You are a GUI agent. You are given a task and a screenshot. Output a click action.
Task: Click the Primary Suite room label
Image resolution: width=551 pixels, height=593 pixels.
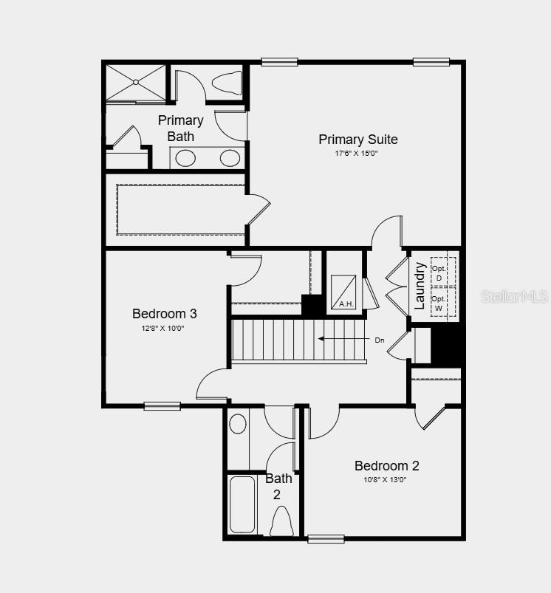(x=357, y=139)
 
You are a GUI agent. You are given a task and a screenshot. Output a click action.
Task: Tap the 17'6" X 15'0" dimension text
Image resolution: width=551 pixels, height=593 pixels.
(x=357, y=154)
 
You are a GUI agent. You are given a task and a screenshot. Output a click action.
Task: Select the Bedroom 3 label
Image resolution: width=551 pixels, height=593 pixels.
(x=165, y=313)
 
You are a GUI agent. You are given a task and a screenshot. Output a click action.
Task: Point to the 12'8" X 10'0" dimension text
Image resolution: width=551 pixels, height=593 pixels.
(x=165, y=328)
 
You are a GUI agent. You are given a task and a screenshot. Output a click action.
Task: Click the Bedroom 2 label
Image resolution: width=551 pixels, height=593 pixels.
(x=386, y=465)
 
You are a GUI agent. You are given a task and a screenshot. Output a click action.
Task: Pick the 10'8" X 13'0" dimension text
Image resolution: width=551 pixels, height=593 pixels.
(x=385, y=479)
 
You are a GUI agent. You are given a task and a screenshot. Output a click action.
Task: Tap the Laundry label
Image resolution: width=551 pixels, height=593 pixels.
(x=420, y=286)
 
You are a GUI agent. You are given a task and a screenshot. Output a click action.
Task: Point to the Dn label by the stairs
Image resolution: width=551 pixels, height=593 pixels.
(x=380, y=340)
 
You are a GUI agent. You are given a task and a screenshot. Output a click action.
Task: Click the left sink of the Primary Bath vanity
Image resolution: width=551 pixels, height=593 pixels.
(x=185, y=158)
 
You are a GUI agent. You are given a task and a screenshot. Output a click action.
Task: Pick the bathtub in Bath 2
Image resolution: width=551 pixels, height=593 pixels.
(x=242, y=504)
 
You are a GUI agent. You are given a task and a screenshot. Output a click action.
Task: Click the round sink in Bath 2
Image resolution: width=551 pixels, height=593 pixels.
(x=238, y=424)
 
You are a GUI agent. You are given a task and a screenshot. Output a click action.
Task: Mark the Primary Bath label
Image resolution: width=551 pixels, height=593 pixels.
(x=180, y=128)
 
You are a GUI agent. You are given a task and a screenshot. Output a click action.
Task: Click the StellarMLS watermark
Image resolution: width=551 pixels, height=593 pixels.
(x=515, y=296)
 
